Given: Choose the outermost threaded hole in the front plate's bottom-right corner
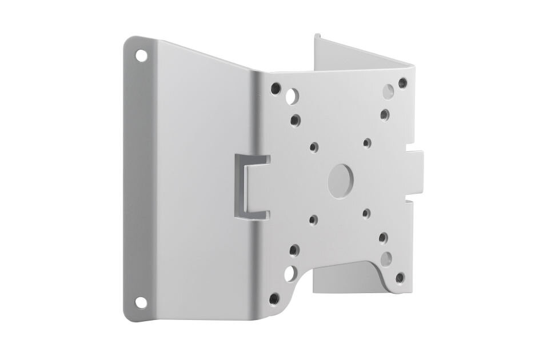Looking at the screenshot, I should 399,278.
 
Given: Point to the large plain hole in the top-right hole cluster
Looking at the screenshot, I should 387,90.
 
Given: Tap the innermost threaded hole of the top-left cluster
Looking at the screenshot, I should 295,121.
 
